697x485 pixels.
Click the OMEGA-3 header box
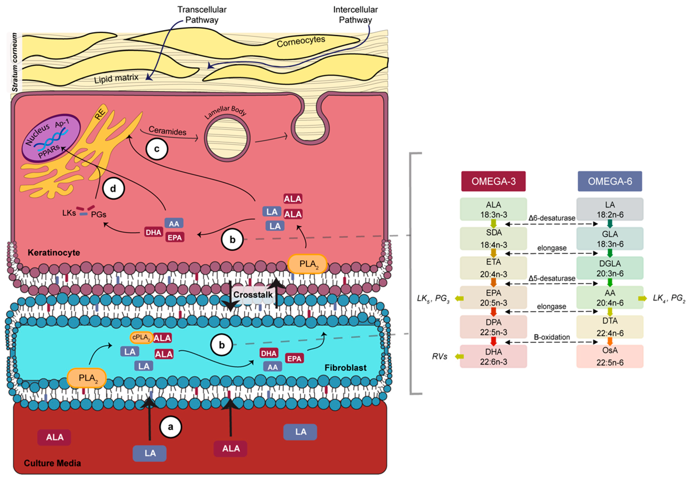tap(493, 181)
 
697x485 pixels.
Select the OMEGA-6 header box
tap(610, 181)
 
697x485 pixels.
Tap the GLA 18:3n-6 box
tap(610, 239)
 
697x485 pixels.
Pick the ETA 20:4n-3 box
tap(493, 268)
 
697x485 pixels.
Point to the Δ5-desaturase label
tap(552, 278)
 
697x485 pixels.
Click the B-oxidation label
tap(552, 337)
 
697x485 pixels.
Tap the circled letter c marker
tap(157, 149)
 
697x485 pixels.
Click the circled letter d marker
tap(113, 189)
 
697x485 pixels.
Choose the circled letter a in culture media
tap(171, 427)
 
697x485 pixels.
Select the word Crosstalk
tap(253, 295)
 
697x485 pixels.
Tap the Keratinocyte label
tap(54, 253)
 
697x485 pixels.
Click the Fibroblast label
tap(346, 368)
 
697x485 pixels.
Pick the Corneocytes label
tap(301, 42)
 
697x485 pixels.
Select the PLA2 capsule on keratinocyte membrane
tap(307, 264)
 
